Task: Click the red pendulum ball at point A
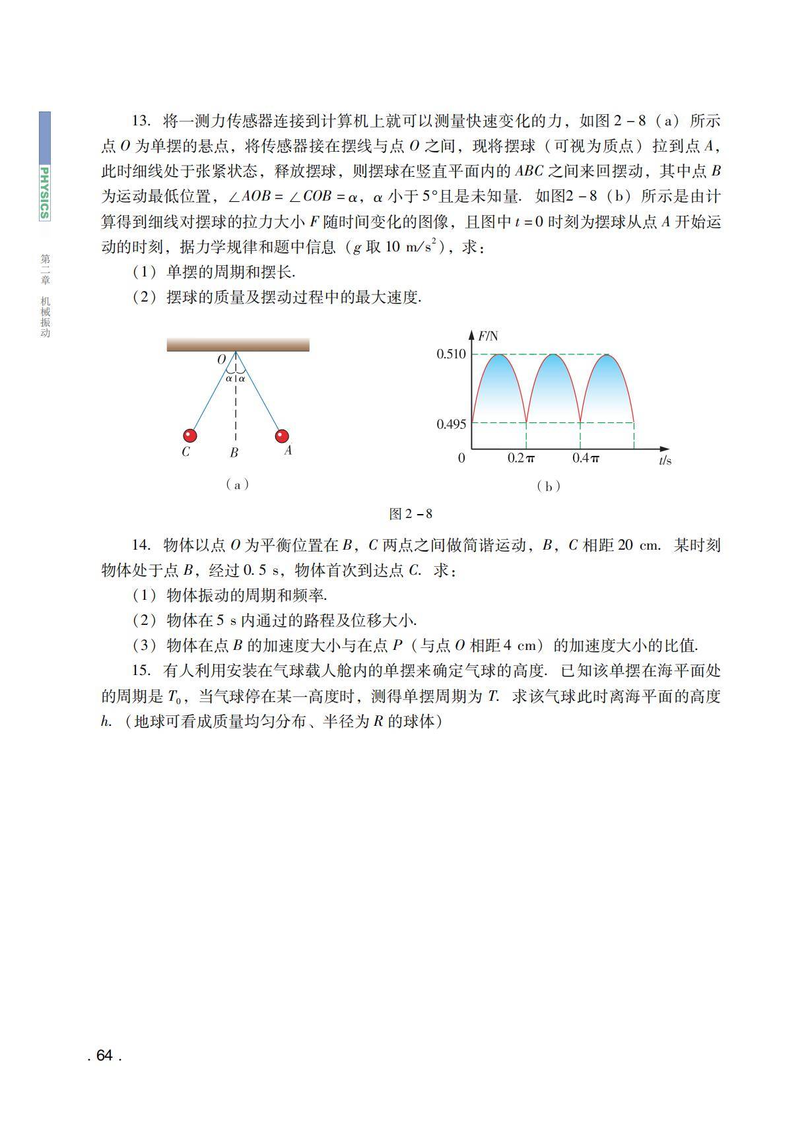click(282, 436)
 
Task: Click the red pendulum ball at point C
click(190, 436)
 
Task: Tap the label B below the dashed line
click(234, 453)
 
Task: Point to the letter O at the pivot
click(222, 360)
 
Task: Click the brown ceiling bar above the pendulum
click(238, 344)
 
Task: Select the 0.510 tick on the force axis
click(451, 354)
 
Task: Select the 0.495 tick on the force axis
click(451, 424)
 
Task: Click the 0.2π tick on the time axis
click(521, 458)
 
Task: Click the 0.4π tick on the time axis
click(586, 458)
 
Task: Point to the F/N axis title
click(488, 337)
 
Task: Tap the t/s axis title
click(665, 460)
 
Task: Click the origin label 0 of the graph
click(461, 458)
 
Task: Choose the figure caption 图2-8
click(411, 513)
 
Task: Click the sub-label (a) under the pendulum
click(237, 484)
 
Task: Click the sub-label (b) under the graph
click(548, 486)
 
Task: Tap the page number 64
click(104, 1055)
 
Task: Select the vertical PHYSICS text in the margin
click(44, 193)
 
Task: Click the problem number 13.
click(141, 121)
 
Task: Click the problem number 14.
click(141, 545)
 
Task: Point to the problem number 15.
click(141, 670)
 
